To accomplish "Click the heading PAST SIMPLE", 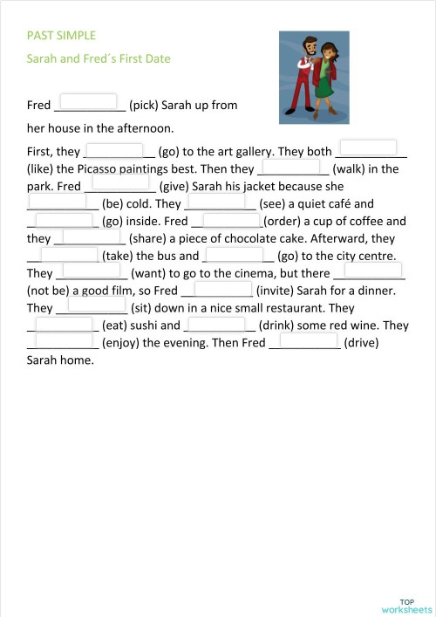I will tap(61, 36).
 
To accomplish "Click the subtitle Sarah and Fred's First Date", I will tap(99, 58).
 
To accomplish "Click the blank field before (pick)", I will tap(88, 101).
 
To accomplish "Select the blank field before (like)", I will tap(368, 147).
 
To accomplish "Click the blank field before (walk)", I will tap(291, 165).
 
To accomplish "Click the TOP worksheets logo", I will tap(405, 605).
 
